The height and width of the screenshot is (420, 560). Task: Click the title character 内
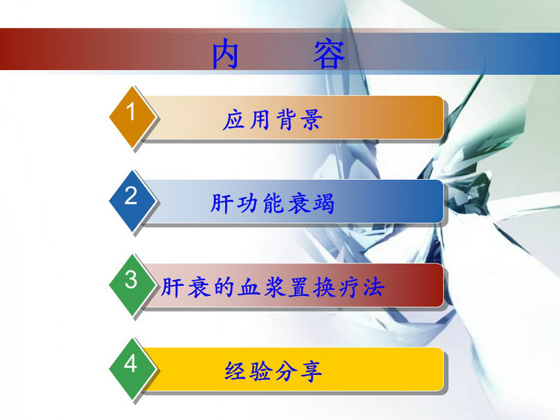(225, 54)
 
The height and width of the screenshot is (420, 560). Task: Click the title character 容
(329, 54)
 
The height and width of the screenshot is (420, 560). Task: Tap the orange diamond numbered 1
(132, 117)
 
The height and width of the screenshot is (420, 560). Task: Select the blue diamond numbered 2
(132, 200)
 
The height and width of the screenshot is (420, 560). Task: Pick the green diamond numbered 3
(132, 284)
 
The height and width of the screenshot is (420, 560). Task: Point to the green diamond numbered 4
(132, 368)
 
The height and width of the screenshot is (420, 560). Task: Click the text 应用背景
(272, 119)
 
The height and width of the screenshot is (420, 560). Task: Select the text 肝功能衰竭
(272, 203)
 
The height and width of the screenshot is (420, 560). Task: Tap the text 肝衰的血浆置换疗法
(272, 287)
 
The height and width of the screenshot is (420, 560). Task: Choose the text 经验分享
(273, 371)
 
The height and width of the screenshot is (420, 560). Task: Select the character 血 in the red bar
(248, 287)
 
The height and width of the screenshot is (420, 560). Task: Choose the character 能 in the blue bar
(272, 203)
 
